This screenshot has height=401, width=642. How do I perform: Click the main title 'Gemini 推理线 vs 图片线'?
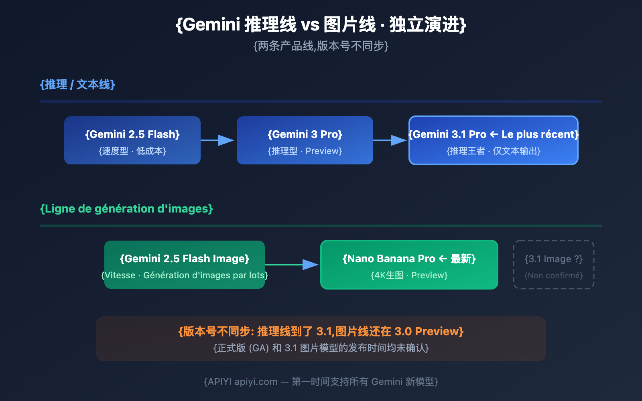pos(321,24)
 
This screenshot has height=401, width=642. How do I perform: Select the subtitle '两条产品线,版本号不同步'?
pos(321,46)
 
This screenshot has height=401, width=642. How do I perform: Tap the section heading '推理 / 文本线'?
pos(77,85)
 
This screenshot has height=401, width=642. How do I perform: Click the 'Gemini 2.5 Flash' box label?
pos(132,134)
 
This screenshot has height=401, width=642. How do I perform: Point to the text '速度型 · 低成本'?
pos(132,151)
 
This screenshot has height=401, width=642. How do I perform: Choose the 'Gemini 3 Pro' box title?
pos(305,134)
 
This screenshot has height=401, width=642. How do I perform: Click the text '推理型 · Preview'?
pos(305,151)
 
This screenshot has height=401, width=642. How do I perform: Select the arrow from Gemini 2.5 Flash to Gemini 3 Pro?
pos(218,140)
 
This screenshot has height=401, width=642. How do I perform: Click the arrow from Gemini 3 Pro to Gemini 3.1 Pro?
pos(390,140)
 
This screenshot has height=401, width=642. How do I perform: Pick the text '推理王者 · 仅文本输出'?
pos(494,151)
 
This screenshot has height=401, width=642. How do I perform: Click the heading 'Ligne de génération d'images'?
pos(126,209)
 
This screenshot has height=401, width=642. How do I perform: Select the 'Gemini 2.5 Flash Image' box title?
pos(185,259)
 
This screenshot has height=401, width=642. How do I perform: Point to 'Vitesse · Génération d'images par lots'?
pos(185,275)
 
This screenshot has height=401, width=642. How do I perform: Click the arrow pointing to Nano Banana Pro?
pos(292,265)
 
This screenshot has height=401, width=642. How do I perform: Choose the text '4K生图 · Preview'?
pos(409,275)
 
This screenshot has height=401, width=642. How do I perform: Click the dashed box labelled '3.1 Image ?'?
pos(554,265)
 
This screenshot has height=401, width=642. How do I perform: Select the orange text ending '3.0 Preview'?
pos(321,332)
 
